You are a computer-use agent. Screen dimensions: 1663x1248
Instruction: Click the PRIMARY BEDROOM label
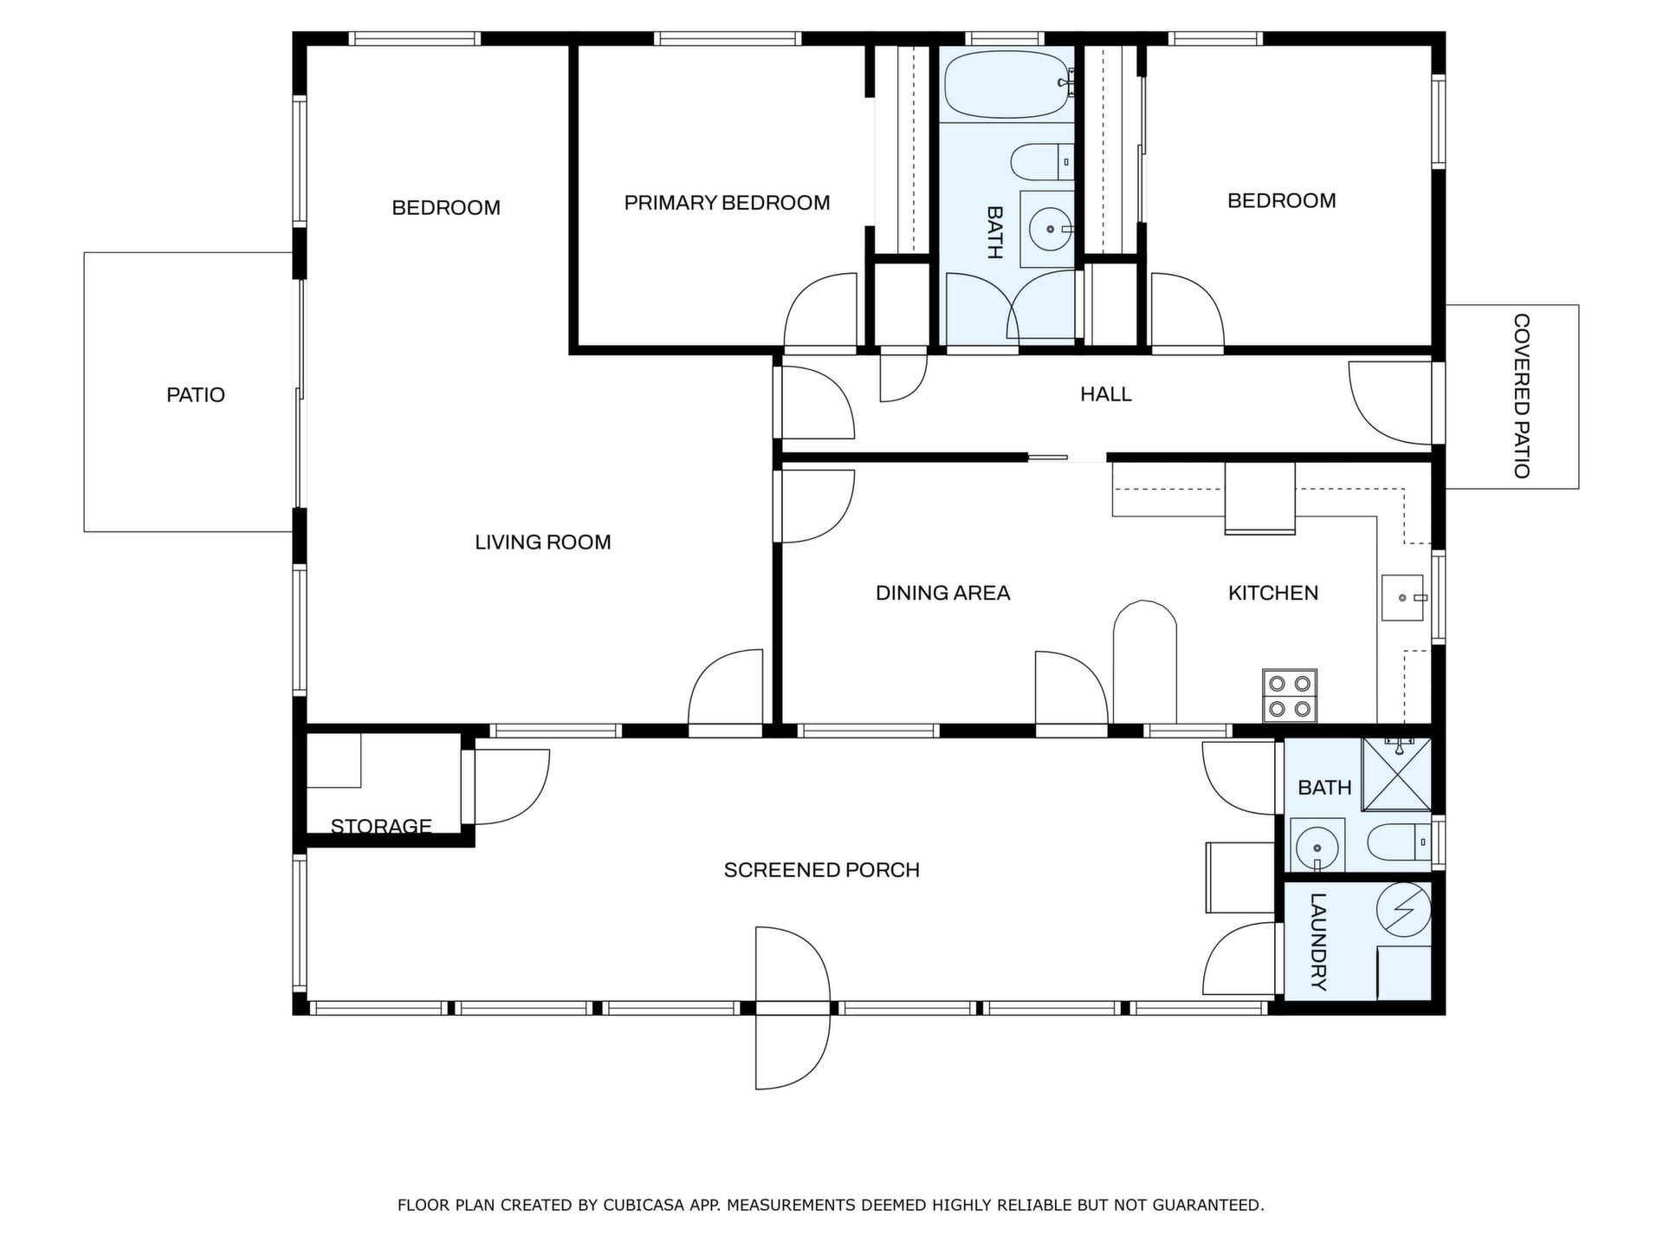pyautogui.click(x=727, y=203)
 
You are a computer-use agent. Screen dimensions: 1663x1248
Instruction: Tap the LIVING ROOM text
pyautogui.click(x=543, y=543)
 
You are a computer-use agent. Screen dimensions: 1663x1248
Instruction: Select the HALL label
pyautogui.click(x=1106, y=394)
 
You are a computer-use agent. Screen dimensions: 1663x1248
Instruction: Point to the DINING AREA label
pyautogui.click(x=943, y=593)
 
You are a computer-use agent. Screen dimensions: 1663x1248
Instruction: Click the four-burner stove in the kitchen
pyautogui.click(x=1290, y=696)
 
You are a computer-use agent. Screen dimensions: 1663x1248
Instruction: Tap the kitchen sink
pyautogui.click(x=1402, y=598)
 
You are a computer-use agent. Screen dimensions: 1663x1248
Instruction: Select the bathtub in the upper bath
pyautogui.click(x=1009, y=85)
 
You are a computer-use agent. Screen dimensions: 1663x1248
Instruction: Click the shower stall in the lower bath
pyautogui.click(x=1396, y=774)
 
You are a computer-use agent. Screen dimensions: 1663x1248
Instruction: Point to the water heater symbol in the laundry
pyautogui.click(x=1403, y=910)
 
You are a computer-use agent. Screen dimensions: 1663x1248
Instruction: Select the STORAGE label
pyautogui.click(x=381, y=826)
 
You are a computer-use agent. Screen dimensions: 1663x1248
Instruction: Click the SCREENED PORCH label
pyautogui.click(x=822, y=870)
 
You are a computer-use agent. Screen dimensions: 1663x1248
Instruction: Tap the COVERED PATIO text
pyautogui.click(x=1521, y=396)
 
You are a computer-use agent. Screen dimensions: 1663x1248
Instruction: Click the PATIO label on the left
pyautogui.click(x=196, y=395)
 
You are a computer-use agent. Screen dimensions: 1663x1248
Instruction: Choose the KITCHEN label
pyautogui.click(x=1273, y=593)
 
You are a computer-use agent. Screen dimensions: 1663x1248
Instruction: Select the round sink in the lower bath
pyautogui.click(x=1317, y=846)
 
